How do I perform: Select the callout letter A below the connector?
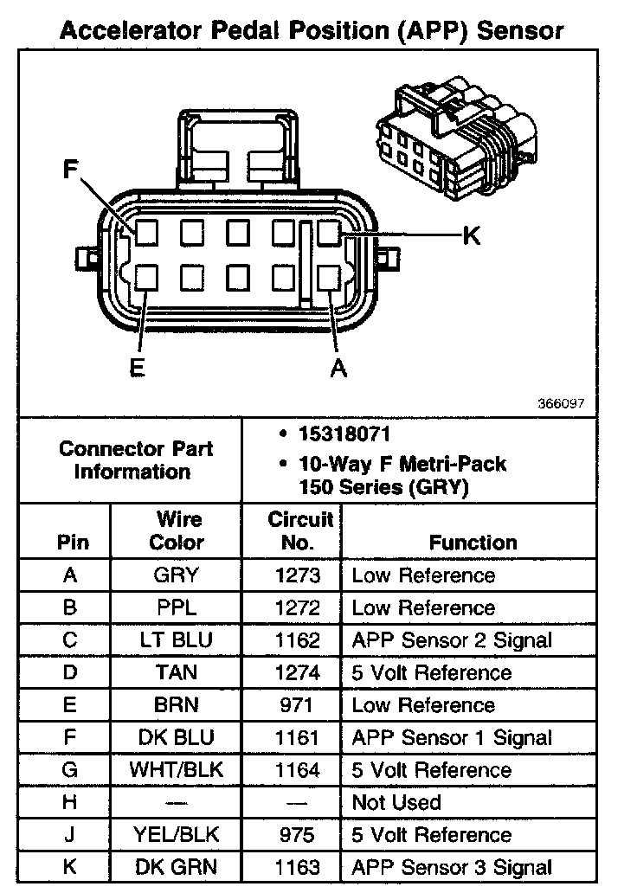click(x=338, y=368)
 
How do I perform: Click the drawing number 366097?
click(x=562, y=403)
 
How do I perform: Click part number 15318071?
click(x=338, y=434)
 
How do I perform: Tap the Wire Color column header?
click(x=176, y=530)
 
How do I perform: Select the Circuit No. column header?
click(x=299, y=530)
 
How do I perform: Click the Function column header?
click(x=473, y=543)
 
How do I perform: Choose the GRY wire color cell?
click(x=176, y=575)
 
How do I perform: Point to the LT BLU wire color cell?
click(x=176, y=640)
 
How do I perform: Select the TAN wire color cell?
click(x=176, y=672)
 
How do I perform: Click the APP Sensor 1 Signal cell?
click(x=451, y=738)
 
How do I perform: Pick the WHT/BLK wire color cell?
click(x=176, y=770)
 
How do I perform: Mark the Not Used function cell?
click(x=396, y=802)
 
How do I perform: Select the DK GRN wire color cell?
click(x=176, y=867)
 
